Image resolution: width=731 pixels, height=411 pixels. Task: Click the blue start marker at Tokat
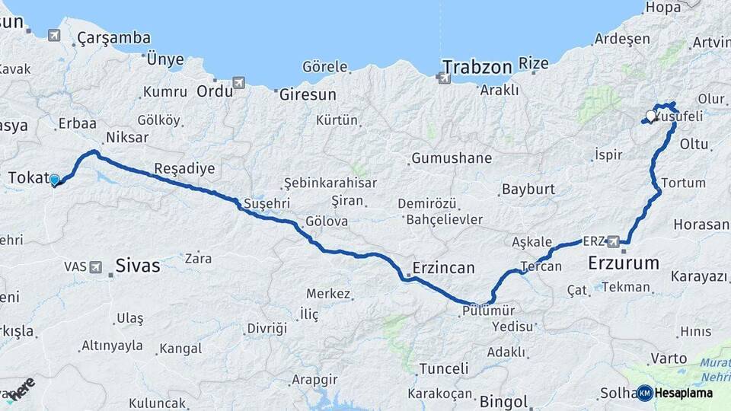pos(54,180)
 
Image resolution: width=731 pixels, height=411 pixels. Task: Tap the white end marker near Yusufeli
pos(650,116)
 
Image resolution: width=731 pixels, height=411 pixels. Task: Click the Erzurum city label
pos(624,263)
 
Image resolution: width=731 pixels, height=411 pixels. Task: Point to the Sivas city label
pos(138,266)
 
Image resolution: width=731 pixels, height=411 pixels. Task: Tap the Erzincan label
pos(443,268)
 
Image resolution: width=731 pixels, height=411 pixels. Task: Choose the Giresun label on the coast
pos(308,95)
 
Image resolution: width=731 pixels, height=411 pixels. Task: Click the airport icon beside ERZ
pos(614,241)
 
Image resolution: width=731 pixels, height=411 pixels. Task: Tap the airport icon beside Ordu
pos(239,82)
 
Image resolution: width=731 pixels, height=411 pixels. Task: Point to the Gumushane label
pos(451,159)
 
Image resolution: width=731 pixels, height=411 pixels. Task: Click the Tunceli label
pos(444,368)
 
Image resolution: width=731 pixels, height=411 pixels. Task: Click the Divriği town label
pos(267,328)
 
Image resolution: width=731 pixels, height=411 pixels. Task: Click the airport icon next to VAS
pos(95,266)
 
